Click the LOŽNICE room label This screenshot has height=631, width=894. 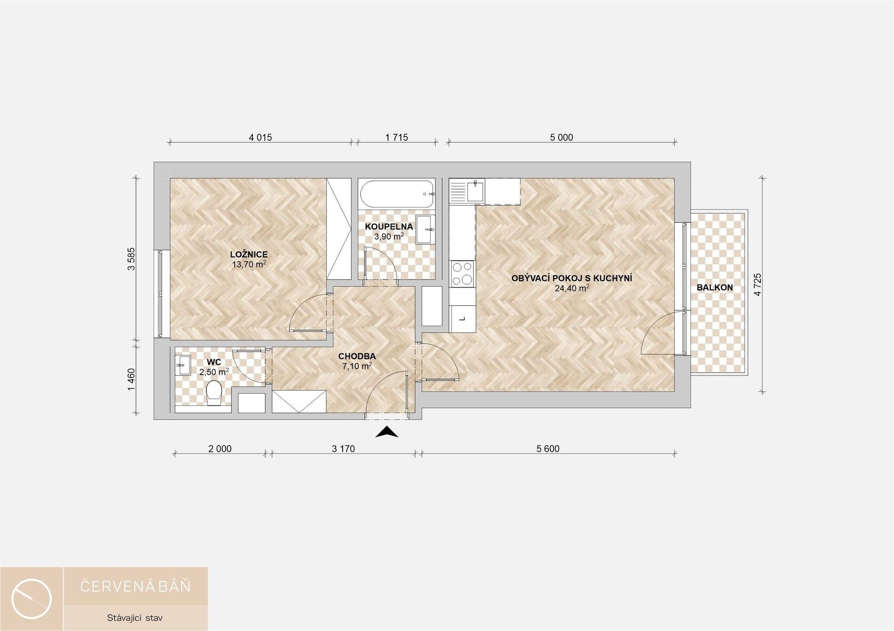[249, 254]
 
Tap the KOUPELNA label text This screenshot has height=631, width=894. [389, 227]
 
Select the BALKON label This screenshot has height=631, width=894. [714, 288]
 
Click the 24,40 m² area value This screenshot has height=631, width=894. [572, 288]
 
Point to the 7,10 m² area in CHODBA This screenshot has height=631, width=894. [357, 366]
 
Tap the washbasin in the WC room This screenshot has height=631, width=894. [183, 365]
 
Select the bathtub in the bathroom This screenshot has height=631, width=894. [397, 194]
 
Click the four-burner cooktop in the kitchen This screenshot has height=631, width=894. [462, 274]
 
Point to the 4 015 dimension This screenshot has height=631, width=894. [260, 137]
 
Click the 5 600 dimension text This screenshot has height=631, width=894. [548, 449]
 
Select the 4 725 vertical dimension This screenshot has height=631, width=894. [758, 284]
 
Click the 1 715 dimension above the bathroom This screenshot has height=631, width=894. [396, 137]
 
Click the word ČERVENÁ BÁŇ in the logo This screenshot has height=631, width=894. [135, 586]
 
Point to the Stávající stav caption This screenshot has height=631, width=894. [135, 618]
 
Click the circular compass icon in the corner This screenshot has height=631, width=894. [32, 599]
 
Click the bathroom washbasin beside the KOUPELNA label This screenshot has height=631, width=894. [425, 229]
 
